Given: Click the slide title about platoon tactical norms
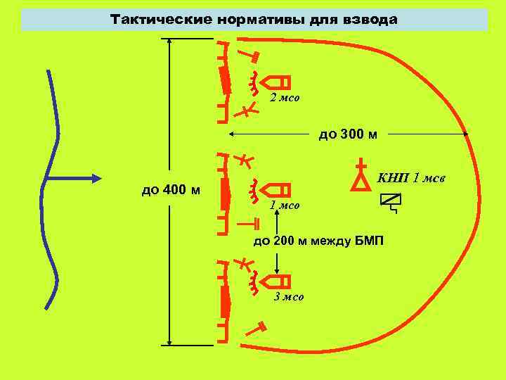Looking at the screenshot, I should click(x=254, y=20).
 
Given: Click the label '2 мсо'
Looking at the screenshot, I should click(x=285, y=98).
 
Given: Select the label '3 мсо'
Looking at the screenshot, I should click(x=289, y=297).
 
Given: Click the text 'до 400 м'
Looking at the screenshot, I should click(x=171, y=190).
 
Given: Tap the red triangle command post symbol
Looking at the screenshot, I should click(x=361, y=180).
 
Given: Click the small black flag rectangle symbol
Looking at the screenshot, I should click(x=388, y=199).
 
